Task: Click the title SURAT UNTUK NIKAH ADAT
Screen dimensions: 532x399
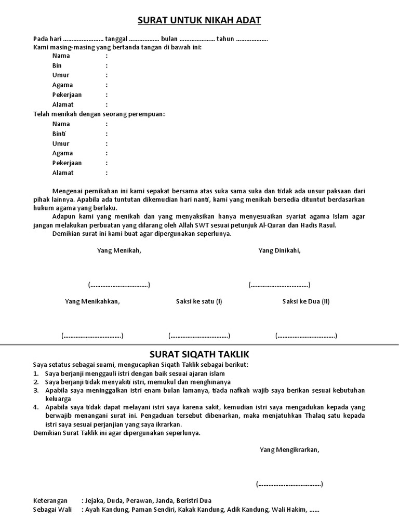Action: tap(199, 20)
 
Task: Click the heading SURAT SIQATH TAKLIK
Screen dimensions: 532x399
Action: tap(199, 354)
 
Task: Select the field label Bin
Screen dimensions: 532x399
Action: tap(57, 65)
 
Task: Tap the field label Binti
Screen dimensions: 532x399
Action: tap(58, 134)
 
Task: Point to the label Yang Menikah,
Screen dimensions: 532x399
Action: tap(119, 250)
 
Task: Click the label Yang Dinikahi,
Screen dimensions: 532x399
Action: tap(280, 250)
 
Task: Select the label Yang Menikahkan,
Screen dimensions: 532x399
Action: tap(92, 301)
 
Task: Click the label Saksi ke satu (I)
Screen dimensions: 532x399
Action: tap(199, 301)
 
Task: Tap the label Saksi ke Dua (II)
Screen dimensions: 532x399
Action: tap(306, 301)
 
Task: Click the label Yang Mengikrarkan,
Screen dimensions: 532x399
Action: tap(290, 450)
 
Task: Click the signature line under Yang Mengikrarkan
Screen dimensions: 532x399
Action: tap(289, 484)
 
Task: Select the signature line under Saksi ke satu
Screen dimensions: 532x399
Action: tap(199, 336)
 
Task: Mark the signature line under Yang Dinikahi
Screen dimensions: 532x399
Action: tap(279, 285)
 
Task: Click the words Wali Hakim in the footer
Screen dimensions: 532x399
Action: tap(288, 510)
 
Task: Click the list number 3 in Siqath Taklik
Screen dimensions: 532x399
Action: tap(35, 390)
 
